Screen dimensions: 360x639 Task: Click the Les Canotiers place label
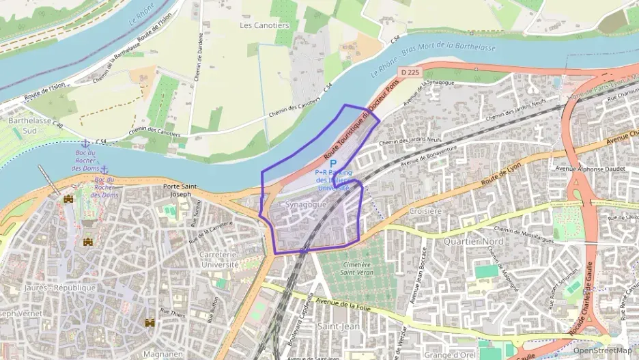[265, 25]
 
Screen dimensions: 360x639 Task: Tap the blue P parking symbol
[333, 164]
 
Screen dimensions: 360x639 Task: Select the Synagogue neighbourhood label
[306, 204]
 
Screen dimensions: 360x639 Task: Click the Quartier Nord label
[473, 242]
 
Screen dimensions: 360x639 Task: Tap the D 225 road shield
[410, 72]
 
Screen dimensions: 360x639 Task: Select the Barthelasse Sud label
[22, 124]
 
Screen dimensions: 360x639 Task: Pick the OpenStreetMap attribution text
[603, 350]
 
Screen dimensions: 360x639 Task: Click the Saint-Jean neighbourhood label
[339, 327]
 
